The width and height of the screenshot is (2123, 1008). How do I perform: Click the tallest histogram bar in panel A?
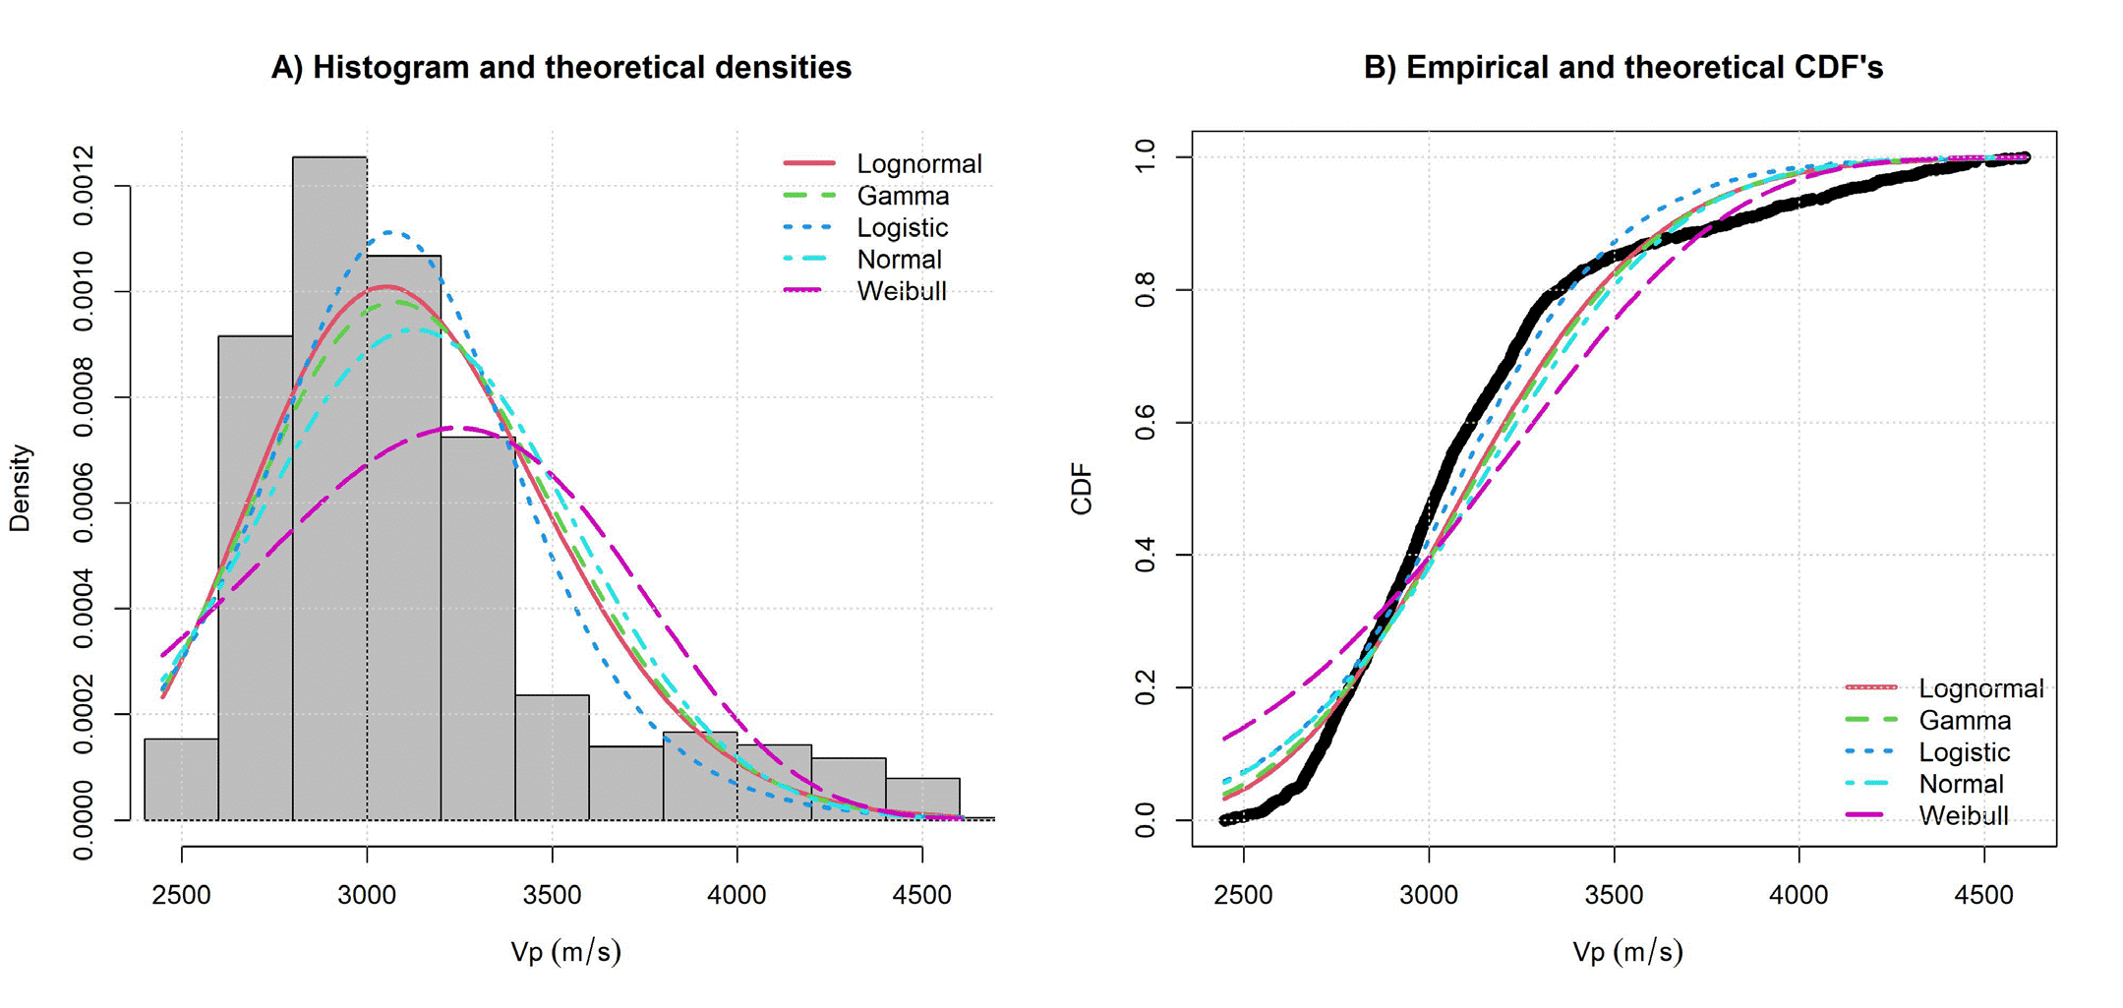point(329,492)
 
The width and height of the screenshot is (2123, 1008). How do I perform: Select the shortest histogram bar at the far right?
point(922,799)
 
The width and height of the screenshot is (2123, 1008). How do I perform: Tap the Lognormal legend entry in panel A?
point(918,163)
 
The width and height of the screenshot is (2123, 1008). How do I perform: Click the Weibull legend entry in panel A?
point(901,291)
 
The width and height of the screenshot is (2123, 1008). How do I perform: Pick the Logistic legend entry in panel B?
point(1964,752)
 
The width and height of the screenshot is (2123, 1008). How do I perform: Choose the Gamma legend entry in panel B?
point(1964,721)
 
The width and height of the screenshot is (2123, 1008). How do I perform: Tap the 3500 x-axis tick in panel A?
point(552,895)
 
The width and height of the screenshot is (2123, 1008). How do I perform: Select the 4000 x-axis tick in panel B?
point(1799,895)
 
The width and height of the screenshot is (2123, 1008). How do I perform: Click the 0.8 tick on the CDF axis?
point(1145,290)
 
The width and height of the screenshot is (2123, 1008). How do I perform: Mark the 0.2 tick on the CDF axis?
point(1145,687)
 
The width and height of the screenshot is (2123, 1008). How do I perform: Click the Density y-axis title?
point(21,489)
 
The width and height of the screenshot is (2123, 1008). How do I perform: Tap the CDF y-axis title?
point(1082,489)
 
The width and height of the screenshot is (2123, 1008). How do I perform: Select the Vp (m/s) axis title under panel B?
point(1627,951)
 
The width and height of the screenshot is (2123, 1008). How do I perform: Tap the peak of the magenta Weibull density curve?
point(454,427)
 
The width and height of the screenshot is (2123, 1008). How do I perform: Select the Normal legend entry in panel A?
point(899,260)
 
